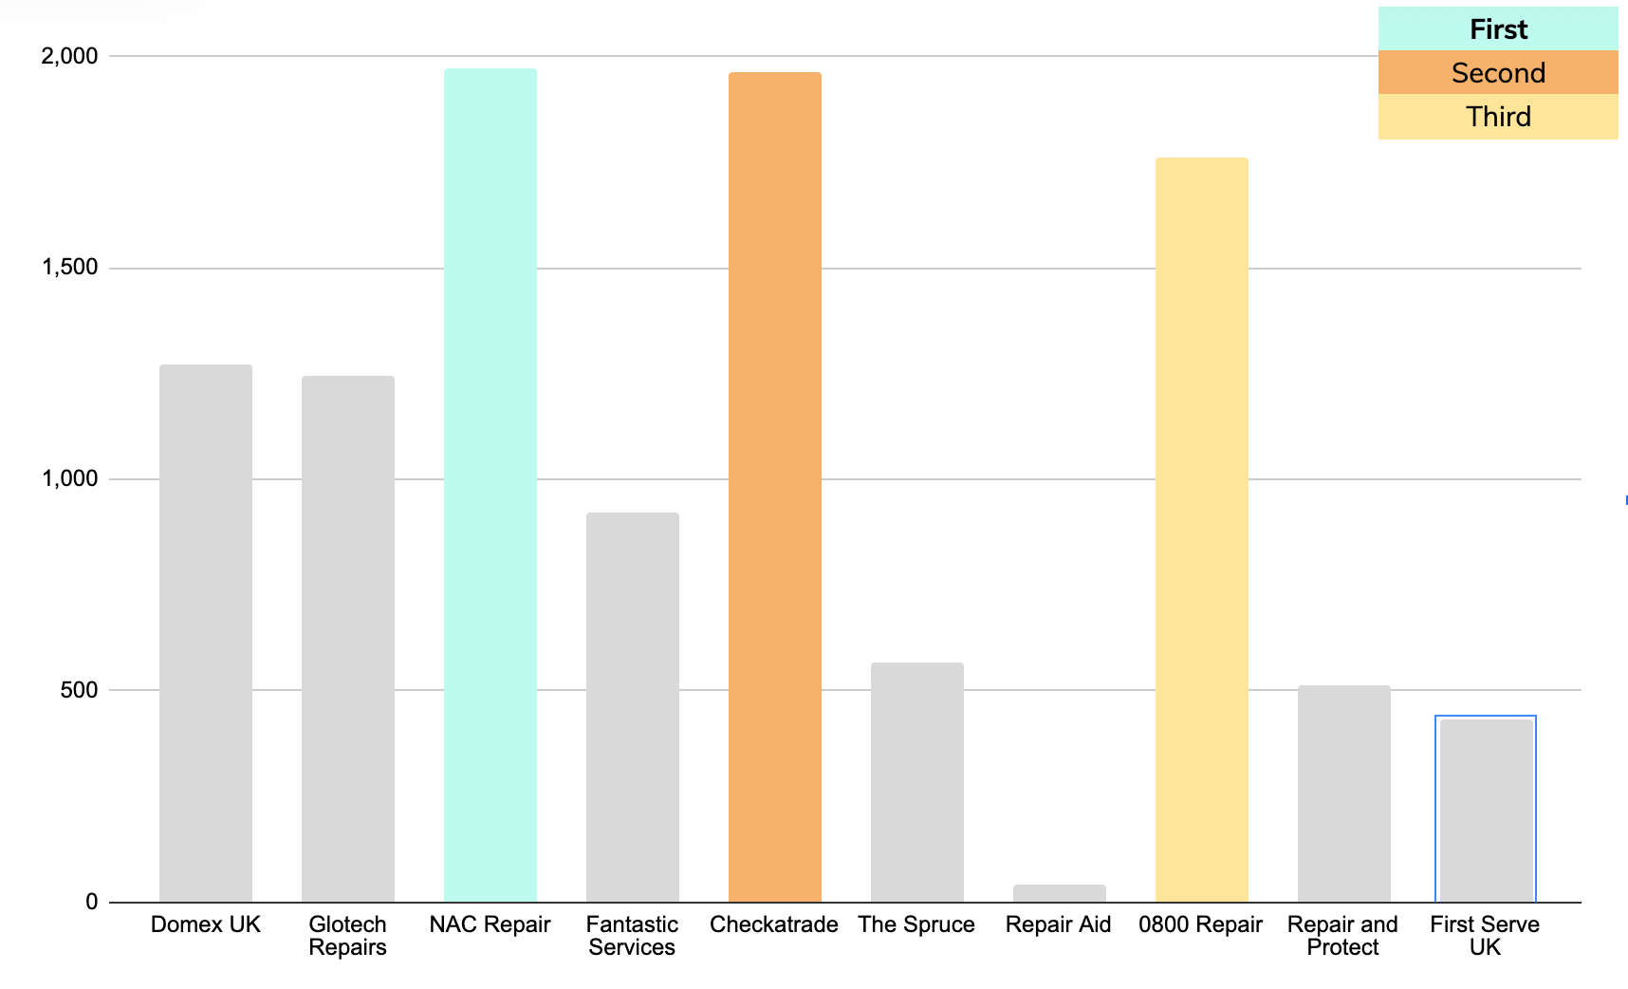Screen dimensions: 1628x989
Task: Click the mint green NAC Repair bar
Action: [490, 485]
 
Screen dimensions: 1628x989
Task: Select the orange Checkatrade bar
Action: [775, 487]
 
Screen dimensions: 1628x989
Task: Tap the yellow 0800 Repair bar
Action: [1202, 530]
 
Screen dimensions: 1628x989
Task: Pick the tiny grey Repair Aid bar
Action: [1060, 893]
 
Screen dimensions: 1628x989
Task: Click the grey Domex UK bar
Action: [206, 633]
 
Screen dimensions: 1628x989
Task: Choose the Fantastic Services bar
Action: [633, 707]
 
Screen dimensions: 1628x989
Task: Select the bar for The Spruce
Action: [917, 782]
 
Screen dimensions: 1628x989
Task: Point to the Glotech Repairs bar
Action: [348, 639]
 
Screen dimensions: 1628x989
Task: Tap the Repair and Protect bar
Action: [1344, 793]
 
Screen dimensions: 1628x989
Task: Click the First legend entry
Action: [1498, 29]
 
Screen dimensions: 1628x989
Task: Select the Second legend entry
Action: [1498, 73]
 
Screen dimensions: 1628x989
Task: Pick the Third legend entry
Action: [1498, 117]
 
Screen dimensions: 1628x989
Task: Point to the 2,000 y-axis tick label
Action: [69, 56]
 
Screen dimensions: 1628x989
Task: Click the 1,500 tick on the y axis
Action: [69, 268]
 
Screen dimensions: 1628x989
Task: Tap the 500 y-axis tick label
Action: [79, 690]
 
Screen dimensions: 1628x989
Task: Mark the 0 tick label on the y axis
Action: [92, 902]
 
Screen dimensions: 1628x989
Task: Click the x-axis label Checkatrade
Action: [774, 924]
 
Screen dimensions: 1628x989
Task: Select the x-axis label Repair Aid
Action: [1059, 925]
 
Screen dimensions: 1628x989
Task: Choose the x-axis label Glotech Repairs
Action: [348, 936]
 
